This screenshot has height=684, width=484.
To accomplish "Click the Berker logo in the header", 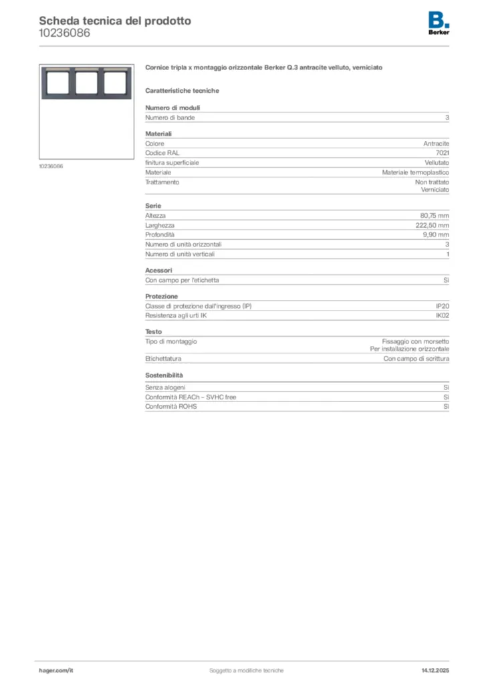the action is pyautogui.click(x=439, y=23).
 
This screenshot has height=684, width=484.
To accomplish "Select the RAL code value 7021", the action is pyautogui.click(x=442, y=152).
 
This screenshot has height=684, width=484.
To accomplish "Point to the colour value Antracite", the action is pyautogui.click(x=436, y=144).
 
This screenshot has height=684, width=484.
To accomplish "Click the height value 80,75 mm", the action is pyautogui.click(x=435, y=216).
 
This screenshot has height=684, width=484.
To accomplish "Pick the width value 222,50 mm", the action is pyautogui.click(x=433, y=226).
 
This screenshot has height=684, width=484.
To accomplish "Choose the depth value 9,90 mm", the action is pyautogui.click(x=436, y=235).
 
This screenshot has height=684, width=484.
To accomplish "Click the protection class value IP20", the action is pyautogui.click(x=442, y=306).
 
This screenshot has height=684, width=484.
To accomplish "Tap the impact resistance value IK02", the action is pyautogui.click(x=442, y=315).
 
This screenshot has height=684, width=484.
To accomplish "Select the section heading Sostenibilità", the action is pyautogui.click(x=164, y=376).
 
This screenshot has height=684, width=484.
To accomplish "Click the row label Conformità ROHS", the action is pyautogui.click(x=171, y=406).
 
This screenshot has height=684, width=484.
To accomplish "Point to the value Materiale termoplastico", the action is pyautogui.click(x=415, y=172).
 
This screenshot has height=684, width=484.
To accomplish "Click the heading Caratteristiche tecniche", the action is pyautogui.click(x=182, y=91).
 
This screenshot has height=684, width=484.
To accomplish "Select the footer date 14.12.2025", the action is pyautogui.click(x=435, y=670).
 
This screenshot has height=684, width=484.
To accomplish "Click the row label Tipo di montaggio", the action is pyautogui.click(x=171, y=341).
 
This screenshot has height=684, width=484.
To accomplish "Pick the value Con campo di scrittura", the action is pyautogui.click(x=416, y=359).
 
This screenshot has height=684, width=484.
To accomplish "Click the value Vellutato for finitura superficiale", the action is pyautogui.click(x=437, y=162).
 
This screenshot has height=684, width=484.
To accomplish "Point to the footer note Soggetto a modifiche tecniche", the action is pyautogui.click(x=246, y=670).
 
